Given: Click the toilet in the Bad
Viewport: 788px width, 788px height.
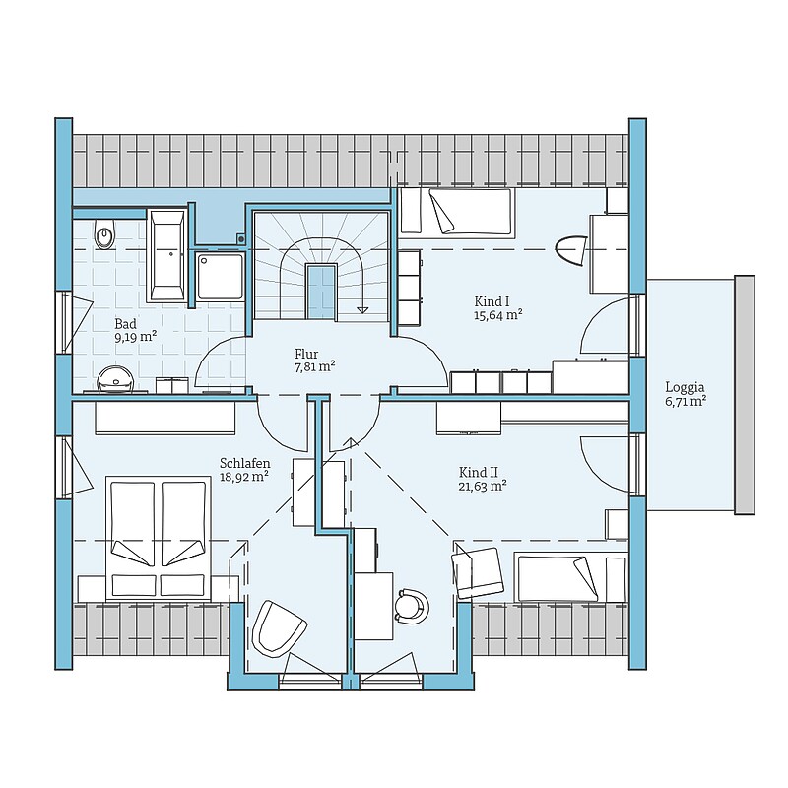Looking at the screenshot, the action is click(104, 233).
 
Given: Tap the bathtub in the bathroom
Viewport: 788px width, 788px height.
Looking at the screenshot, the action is click(166, 256).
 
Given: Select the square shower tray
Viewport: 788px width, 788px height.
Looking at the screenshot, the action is click(220, 276).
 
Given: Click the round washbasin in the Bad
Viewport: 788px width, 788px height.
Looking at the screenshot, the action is click(115, 379).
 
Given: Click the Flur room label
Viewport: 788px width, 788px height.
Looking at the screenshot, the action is click(306, 354).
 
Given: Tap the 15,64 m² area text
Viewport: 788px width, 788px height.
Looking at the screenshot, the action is click(498, 315).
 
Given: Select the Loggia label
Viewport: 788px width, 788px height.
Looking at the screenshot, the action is click(685, 387).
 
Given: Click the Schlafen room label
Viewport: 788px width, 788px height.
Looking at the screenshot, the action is click(244, 463).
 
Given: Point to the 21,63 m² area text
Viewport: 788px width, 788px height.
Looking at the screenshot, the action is click(483, 486).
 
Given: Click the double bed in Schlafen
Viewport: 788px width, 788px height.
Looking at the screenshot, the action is click(158, 538).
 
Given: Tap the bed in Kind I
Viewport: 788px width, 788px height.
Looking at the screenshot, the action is click(456, 211).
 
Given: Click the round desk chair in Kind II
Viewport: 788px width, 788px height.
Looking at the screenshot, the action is click(412, 606).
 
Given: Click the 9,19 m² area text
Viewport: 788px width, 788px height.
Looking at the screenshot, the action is click(136, 337).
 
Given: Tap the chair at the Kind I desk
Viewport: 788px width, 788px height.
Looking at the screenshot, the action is click(571, 250).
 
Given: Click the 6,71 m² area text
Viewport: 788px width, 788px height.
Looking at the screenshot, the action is click(686, 402).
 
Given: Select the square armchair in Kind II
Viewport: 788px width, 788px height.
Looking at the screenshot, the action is click(478, 573).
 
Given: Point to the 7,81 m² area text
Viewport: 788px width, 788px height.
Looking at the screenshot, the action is click(315, 366).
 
